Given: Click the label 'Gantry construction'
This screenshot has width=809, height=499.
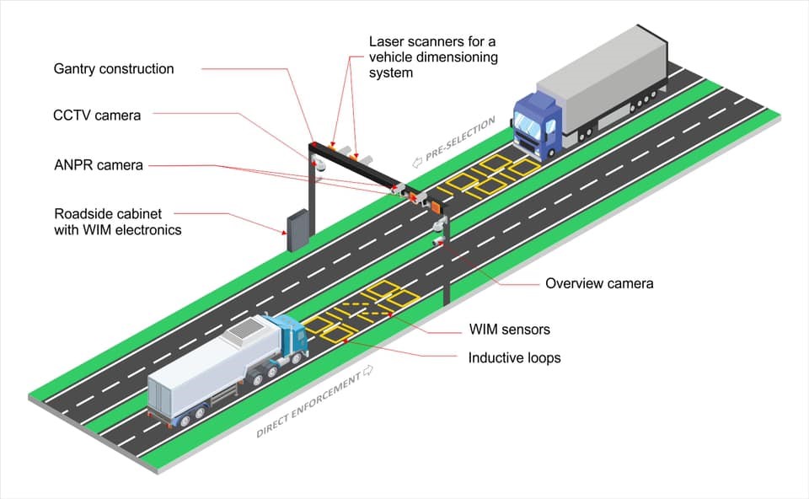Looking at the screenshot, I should point(113,69).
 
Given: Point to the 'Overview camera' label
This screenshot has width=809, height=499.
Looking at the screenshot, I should point(599,283).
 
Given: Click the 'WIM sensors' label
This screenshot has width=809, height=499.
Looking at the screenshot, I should point(509,329).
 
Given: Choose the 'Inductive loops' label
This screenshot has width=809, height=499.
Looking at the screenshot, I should point(514,357).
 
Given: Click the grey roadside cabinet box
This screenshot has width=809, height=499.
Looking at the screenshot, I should point(297,230).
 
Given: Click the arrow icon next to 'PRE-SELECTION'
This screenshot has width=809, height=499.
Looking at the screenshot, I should point(415,162).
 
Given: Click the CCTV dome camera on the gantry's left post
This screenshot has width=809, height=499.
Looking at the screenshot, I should point(319,166).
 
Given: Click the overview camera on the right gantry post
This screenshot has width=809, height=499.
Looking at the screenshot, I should point(438,226).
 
